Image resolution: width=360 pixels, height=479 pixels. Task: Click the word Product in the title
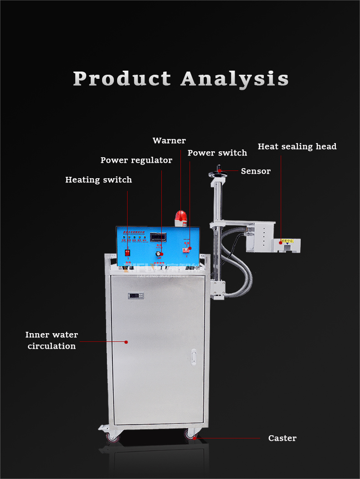(122, 79)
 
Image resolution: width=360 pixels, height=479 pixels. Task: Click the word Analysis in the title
(235, 79)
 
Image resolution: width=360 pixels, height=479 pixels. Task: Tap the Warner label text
(169, 140)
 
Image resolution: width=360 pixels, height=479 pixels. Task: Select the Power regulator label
(136, 160)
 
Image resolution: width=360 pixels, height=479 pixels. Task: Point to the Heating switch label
(98, 180)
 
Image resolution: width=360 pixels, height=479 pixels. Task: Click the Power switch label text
(217, 153)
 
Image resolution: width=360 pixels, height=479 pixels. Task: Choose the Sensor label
(256, 171)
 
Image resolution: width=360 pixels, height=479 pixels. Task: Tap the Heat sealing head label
(297, 146)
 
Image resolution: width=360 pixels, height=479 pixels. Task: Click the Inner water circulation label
(51, 340)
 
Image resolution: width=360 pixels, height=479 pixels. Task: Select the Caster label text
(282, 438)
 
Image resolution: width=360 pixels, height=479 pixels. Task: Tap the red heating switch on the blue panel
(128, 252)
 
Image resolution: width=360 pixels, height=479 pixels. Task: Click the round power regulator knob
(159, 253)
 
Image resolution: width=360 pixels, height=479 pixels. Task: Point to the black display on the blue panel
(158, 237)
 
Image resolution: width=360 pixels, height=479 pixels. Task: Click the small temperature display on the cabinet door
(136, 295)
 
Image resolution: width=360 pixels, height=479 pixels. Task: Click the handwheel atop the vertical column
(218, 174)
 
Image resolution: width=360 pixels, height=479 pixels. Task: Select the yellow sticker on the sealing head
(288, 241)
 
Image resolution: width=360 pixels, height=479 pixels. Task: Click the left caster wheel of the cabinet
(112, 438)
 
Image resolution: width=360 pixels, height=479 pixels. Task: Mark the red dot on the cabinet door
(126, 341)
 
